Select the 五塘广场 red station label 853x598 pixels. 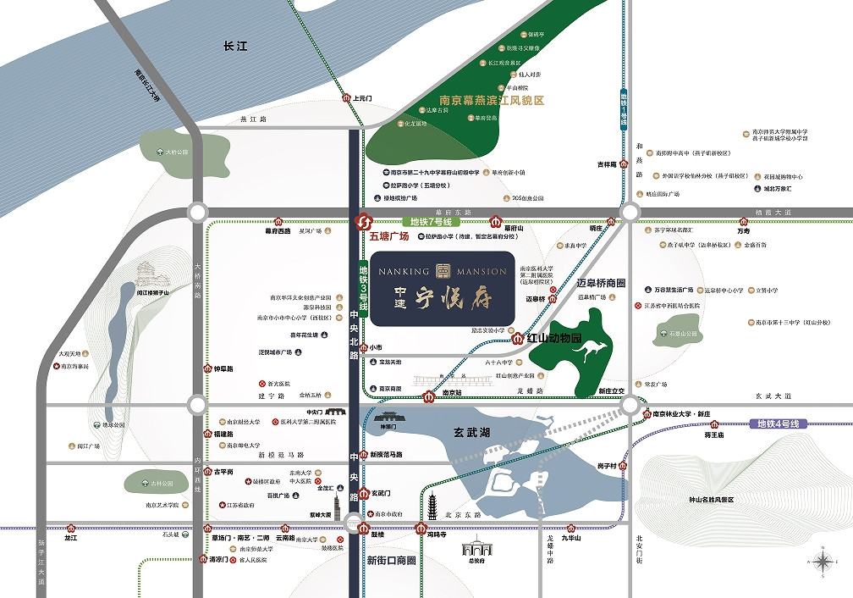point(389,238)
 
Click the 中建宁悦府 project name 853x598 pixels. point(442,297)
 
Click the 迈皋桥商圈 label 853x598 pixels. point(600,282)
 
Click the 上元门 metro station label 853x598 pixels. point(362,99)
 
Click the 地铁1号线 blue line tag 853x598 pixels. point(624,108)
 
